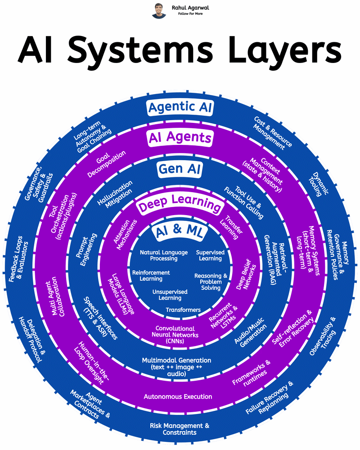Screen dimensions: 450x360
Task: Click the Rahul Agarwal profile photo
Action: (159, 10)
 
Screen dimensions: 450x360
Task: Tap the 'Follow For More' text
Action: (190, 14)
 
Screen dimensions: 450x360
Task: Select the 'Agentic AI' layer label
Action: (180, 108)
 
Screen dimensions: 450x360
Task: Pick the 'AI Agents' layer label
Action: (180, 138)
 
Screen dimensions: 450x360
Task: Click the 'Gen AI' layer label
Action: (180, 169)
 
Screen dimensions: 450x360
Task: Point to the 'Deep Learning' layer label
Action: (180, 206)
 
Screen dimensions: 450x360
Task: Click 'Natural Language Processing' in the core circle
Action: (163, 256)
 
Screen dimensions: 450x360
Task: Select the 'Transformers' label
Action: (183, 310)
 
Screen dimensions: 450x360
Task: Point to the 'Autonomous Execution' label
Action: (178, 396)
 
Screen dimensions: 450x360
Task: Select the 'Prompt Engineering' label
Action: (88, 250)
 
